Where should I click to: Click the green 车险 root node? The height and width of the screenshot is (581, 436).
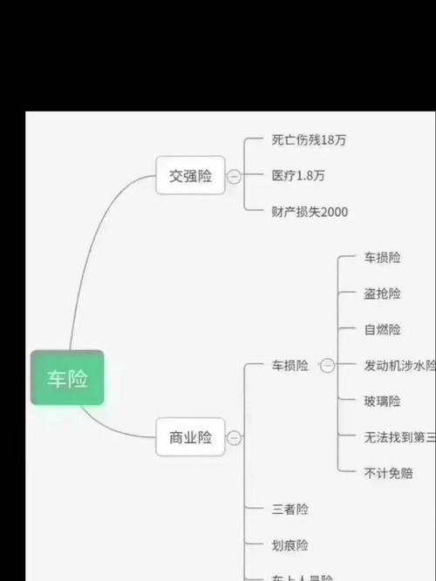pos(67,378)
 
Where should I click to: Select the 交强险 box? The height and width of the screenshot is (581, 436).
pos(190,176)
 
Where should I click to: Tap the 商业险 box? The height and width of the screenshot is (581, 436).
pos(190,437)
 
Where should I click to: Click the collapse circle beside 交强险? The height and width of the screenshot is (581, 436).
pos(234,176)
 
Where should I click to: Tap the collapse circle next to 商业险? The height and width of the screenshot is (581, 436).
pos(234,438)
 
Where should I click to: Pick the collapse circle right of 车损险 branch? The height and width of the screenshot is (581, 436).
pos(327,366)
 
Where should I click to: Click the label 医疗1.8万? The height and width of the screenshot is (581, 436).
pos(298,175)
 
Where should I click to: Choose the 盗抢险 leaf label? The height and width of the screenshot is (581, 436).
pos(382,294)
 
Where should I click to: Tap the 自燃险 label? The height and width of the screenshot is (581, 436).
pos(382,329)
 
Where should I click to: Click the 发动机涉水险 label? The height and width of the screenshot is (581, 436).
pos(399,366)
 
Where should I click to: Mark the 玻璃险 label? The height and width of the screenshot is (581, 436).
pos(382,402)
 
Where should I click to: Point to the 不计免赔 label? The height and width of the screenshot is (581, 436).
pos(388,473)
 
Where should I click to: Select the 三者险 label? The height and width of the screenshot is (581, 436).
pos(290,509)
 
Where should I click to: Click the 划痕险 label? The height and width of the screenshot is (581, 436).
pos(290,545)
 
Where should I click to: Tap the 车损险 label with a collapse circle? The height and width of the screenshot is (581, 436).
pos(290,366)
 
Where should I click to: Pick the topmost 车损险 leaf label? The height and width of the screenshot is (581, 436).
pos(382,258)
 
